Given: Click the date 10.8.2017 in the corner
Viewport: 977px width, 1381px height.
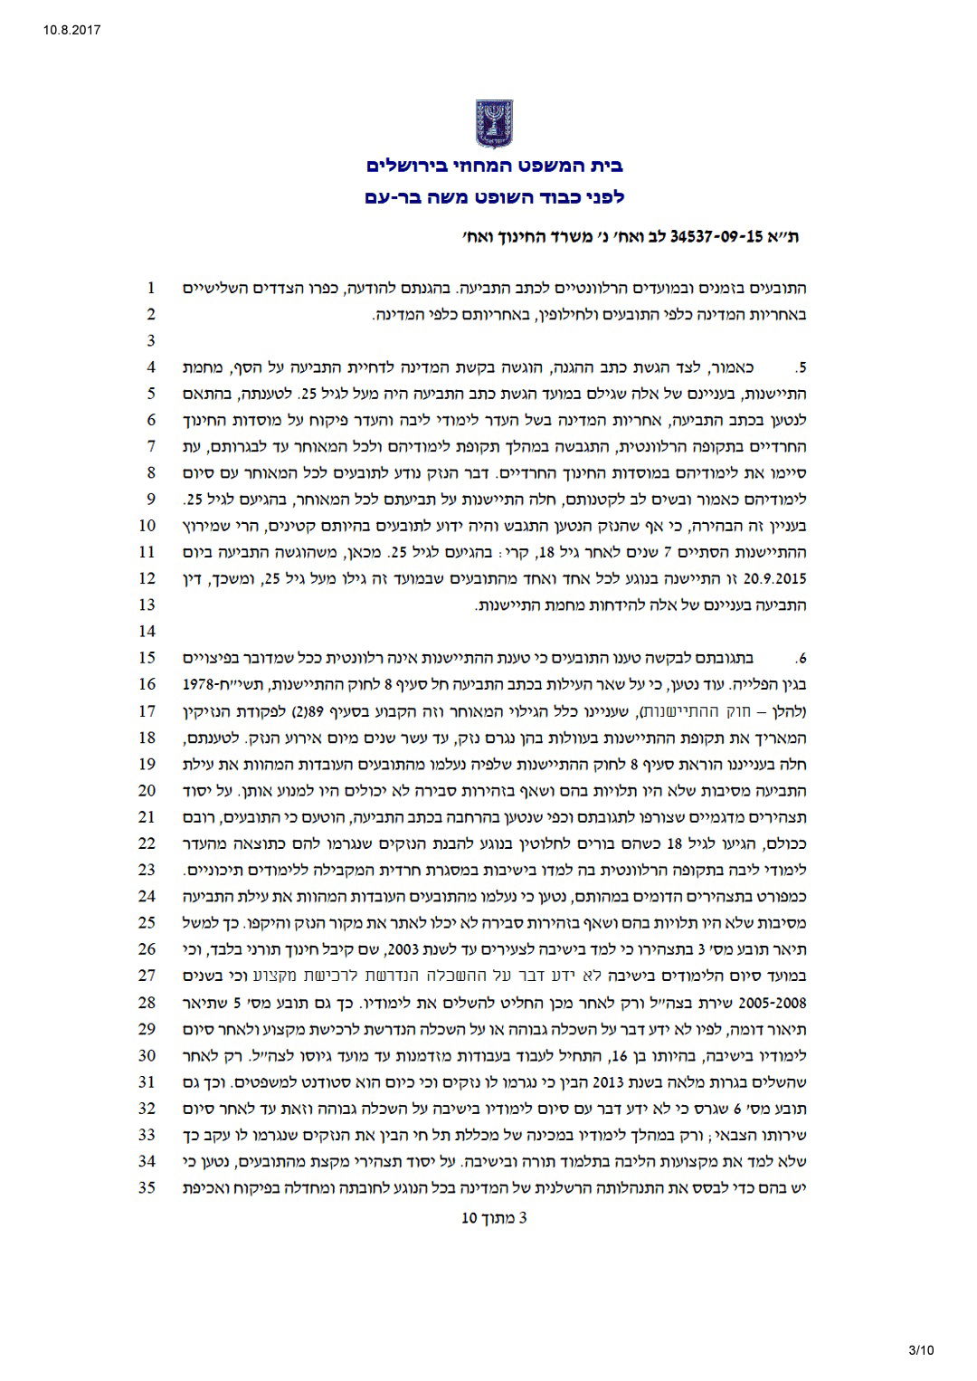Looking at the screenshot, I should pos(71,30).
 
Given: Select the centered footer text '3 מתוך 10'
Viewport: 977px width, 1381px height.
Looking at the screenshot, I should pos(494,1217).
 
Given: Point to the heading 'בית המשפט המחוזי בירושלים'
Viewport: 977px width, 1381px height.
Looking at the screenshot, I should pos(494,167).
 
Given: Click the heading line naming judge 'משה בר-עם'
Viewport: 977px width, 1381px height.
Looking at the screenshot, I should pos(494,196).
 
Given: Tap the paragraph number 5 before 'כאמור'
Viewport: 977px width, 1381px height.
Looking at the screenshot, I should pos(801,368).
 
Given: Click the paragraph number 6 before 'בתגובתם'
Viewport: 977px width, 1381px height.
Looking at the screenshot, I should pos(801,658).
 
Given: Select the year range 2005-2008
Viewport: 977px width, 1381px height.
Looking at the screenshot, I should pos(773,1003).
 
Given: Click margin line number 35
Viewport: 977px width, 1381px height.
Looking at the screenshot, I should pos(147,1187).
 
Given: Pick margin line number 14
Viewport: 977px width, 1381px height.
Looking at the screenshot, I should pos(147,631).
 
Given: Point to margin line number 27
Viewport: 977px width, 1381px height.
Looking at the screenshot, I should pos(147,976).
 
